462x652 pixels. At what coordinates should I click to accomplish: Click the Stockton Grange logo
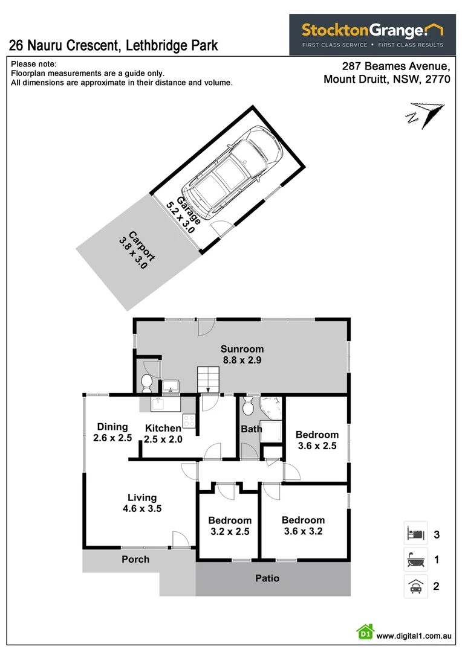[x=373, y=34]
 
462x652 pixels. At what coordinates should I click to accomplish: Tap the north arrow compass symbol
[x=426, y=114]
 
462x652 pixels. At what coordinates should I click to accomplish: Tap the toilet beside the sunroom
[x=146, y=382]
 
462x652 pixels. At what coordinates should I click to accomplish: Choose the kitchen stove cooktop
[x=189, y=420]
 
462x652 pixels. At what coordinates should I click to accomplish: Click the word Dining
[x=112, y=427]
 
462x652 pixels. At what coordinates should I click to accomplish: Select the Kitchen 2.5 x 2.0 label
[x=163, y=433]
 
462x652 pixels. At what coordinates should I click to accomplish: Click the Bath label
[x=251, y=429]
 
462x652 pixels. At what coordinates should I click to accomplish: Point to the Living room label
[x=142, y=502]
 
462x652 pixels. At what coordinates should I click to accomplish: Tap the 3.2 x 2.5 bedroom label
[x=230, y=526]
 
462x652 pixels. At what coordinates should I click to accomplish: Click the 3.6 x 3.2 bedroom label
[x=303, y=525]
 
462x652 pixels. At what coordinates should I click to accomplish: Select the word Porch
[x=135, y=559]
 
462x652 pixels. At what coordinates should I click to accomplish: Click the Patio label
[x=267, y=578]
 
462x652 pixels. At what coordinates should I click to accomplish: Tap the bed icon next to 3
[x=415, y=533]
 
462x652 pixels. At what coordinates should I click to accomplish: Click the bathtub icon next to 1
[x=415, y=560]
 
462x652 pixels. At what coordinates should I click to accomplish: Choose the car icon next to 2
[x=415, y=586]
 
